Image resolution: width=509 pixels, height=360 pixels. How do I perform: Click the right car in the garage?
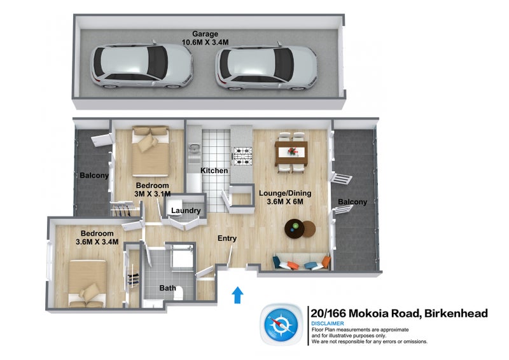click(266, 66)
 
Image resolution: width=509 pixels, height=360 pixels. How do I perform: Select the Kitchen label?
click(214, 171)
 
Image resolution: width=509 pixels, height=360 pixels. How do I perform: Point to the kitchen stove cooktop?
click(242, 155)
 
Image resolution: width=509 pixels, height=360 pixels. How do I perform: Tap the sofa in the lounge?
click(301, 262)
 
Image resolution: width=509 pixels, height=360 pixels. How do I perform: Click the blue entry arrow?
click(237, 294)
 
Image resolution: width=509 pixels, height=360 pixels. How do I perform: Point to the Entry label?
click(227, 239)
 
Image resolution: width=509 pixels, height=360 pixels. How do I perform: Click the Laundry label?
click(186, 211)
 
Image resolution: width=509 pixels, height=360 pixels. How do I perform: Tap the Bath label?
click(167, 288)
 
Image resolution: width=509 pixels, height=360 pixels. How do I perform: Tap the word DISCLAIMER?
click(328, 323)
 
